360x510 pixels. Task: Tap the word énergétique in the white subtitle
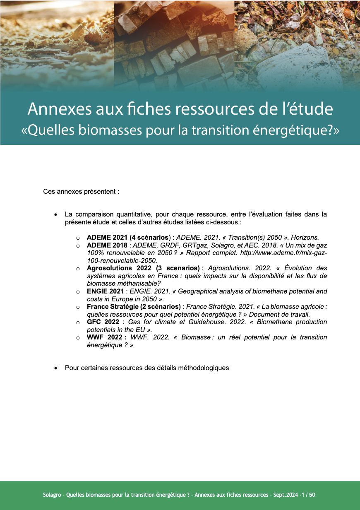(283, 130)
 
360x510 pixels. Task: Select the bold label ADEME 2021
(107, 238)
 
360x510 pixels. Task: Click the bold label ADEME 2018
(107, 245)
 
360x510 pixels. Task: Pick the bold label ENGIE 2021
(105, 291)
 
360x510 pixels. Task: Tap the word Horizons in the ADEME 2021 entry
(305, 238)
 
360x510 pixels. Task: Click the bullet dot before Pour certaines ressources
(55, 368)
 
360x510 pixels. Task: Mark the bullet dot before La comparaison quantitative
(55, 215)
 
